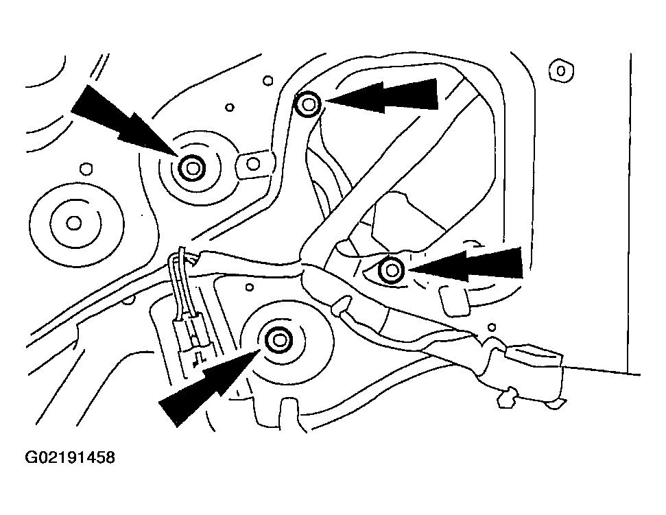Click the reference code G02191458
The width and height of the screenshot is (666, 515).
point(70,457)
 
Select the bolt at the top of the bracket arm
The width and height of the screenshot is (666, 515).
point(308,104)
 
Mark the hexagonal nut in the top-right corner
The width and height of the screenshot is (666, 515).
point(560,71)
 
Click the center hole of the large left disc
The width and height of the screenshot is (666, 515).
point(74,223)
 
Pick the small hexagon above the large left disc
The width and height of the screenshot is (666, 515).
point(86,169)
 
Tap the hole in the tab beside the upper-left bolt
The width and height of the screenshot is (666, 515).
point(254,164)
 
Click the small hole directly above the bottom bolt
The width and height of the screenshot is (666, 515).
point(250,287)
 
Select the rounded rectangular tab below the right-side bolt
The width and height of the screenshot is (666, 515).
point(453,300)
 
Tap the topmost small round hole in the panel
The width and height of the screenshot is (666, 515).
point(267,80)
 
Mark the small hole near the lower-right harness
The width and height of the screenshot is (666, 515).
point(491,327)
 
